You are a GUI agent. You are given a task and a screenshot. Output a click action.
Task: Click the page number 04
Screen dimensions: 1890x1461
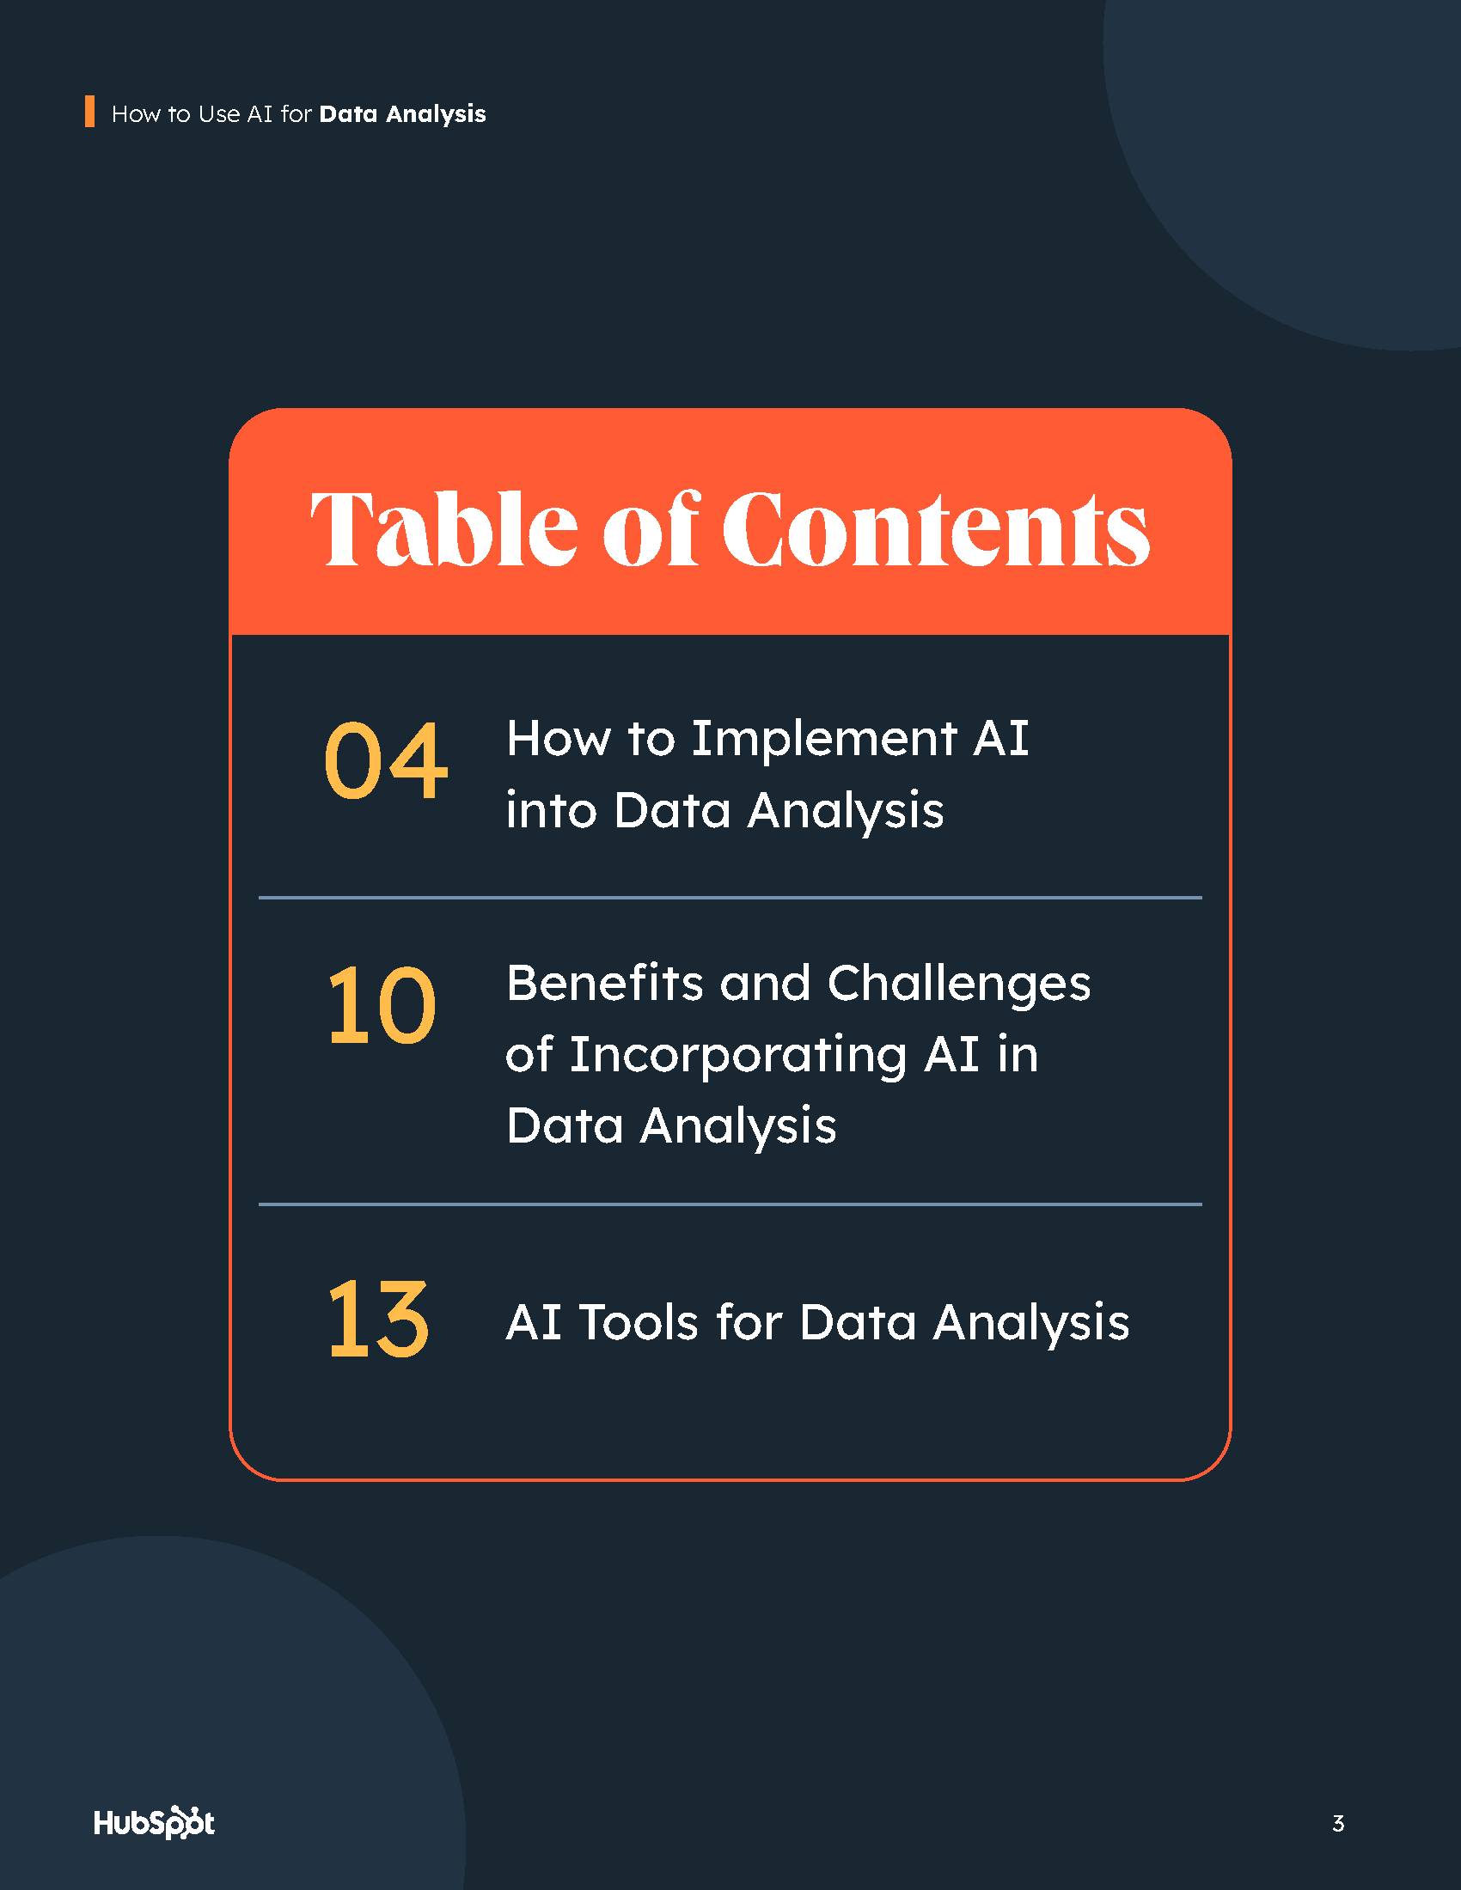385,760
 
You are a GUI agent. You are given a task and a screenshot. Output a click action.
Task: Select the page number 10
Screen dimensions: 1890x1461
382,1006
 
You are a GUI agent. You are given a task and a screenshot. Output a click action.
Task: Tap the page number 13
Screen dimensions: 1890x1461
378,1319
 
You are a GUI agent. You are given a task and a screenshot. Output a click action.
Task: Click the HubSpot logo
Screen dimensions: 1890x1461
154,1821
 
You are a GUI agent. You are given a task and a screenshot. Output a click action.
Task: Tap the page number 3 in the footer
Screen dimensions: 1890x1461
1338,1823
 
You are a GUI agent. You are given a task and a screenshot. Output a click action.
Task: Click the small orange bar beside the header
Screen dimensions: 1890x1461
89,112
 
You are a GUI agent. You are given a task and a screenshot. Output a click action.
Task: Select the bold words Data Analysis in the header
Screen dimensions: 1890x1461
402,114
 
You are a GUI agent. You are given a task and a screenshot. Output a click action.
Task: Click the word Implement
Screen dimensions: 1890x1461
823,739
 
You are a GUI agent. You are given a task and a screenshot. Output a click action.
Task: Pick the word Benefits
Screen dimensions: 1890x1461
604,983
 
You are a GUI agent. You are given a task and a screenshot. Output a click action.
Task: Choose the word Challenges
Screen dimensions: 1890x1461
958,985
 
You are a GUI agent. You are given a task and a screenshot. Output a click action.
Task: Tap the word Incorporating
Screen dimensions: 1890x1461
737,1056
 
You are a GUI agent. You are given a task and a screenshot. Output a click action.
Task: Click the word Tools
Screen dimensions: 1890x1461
638,1322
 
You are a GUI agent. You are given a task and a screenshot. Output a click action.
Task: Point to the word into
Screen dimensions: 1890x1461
552,811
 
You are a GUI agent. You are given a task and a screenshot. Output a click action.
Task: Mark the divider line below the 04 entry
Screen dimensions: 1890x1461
730,898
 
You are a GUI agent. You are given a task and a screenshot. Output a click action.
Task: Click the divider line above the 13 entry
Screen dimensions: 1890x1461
730,1204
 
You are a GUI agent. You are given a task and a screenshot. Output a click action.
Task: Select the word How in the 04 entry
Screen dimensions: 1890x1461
558,739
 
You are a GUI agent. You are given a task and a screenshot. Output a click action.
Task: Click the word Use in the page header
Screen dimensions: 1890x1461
219,114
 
